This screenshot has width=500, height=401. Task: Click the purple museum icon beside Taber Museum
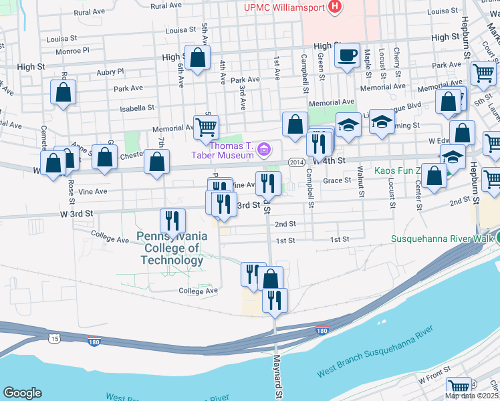coord(265,148)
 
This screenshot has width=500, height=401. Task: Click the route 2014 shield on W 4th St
coord(297,162)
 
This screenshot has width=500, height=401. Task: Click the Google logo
coord(22,393)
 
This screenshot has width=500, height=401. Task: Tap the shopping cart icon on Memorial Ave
coord(206,126)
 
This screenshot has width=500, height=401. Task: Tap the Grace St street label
coord(338,180)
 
